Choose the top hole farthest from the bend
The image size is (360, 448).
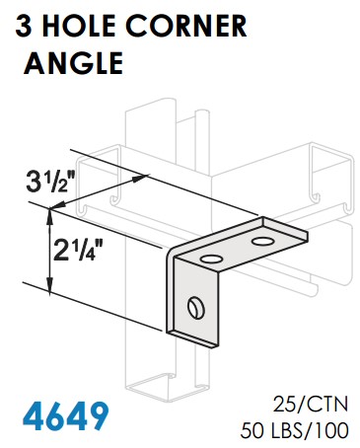coord(263,240)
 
